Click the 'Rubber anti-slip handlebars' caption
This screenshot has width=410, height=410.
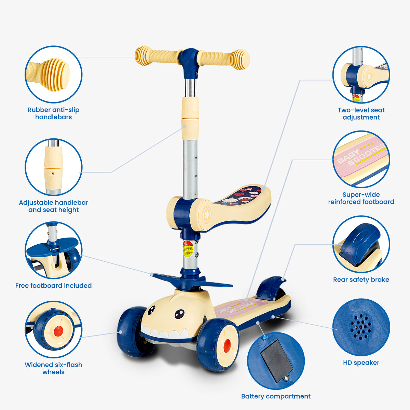point(53,113)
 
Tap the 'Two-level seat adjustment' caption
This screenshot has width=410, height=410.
point(361,114)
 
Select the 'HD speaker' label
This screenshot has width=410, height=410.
point(361,363)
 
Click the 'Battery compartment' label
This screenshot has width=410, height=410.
point(276,396)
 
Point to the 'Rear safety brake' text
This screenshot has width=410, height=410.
point(361,280)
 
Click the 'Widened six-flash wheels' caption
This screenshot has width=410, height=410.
point(53,368)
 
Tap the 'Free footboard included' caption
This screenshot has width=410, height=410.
point(53,286)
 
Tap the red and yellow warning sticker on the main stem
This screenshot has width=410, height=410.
point(188,249)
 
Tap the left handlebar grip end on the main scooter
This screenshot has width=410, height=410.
point(142,56)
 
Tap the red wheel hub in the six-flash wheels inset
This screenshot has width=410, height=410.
point(58,331)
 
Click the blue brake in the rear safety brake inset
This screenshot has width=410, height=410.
point(361,243)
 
